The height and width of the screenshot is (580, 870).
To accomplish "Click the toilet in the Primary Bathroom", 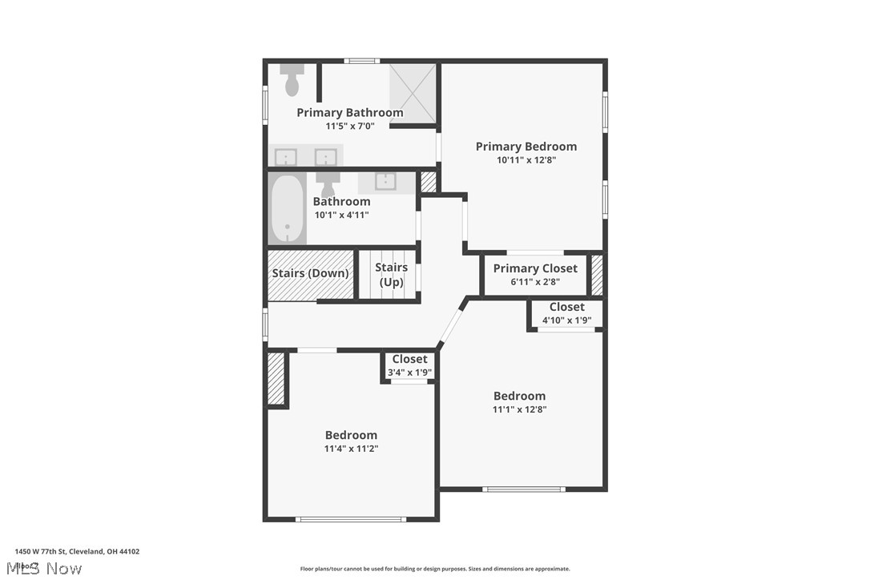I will click(x=292, y=81).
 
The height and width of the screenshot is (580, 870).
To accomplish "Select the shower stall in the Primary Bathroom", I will click(x=413, y=94).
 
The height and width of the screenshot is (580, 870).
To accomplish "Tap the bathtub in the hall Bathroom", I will click(x=287, y=209).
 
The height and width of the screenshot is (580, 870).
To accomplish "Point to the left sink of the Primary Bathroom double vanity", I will click(x=286, y=157).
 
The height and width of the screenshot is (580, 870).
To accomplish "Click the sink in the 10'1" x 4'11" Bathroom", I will click(x=385, y=181).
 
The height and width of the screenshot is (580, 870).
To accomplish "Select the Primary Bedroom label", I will click(x=526, y=147).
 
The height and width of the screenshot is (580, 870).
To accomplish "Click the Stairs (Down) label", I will click(x=310, y=273).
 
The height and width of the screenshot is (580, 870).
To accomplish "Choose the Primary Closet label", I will click(x=535, y=268).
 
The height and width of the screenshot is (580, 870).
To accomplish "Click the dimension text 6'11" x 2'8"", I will click(x=535, y=282).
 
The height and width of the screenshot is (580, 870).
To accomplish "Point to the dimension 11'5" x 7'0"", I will click(x=349, y=127).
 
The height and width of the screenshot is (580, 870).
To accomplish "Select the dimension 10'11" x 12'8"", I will click(x=526, y=160).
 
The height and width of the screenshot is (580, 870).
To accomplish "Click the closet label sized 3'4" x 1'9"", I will click(x=409, y=359).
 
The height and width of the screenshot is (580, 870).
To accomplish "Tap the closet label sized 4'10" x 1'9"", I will click(x=566, y=307).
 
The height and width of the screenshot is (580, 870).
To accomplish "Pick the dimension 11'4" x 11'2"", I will click(x=351, y=449).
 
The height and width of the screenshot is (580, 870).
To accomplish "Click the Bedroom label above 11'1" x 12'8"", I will click(x=519, y=396).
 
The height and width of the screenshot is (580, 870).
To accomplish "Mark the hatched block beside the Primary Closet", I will click(x=597, y=275).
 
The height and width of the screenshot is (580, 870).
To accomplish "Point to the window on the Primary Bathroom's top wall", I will click(x=361, y=61).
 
